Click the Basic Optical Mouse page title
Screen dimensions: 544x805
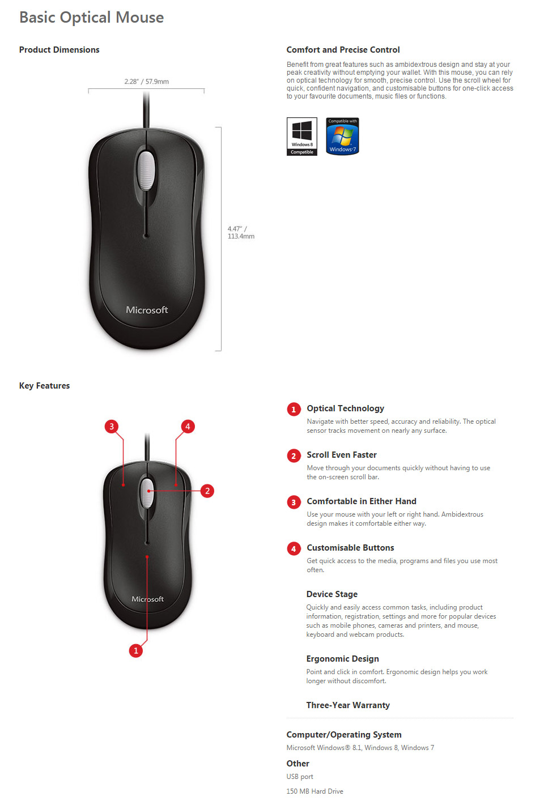(91, 18)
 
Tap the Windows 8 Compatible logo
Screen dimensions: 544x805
(302, 136)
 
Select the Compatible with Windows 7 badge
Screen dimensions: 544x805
(342, 136)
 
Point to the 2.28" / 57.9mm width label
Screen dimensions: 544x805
(146, 82)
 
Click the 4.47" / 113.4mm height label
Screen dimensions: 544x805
(241, 233)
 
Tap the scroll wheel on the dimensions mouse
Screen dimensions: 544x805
(146, 170)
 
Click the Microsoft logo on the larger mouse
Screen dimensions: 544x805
(147, 310)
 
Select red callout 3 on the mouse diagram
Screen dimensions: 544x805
(112, 427)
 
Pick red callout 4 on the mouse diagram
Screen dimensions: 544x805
(188, 427)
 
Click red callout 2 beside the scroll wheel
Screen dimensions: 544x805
(207, 491)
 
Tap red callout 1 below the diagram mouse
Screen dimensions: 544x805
(135, 651)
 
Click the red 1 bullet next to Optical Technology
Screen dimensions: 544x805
(294, 409)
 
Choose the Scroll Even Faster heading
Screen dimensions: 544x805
(342, 455)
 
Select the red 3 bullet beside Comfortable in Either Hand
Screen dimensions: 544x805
(294, 502)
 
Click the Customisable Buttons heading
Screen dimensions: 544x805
(350, 548)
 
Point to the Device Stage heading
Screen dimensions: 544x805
(332, 594)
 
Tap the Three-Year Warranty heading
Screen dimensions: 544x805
(348, 705)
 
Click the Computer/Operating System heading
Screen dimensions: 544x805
(344, 735)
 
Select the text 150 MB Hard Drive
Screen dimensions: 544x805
(314, 791)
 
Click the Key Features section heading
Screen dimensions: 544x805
(45, 386)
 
